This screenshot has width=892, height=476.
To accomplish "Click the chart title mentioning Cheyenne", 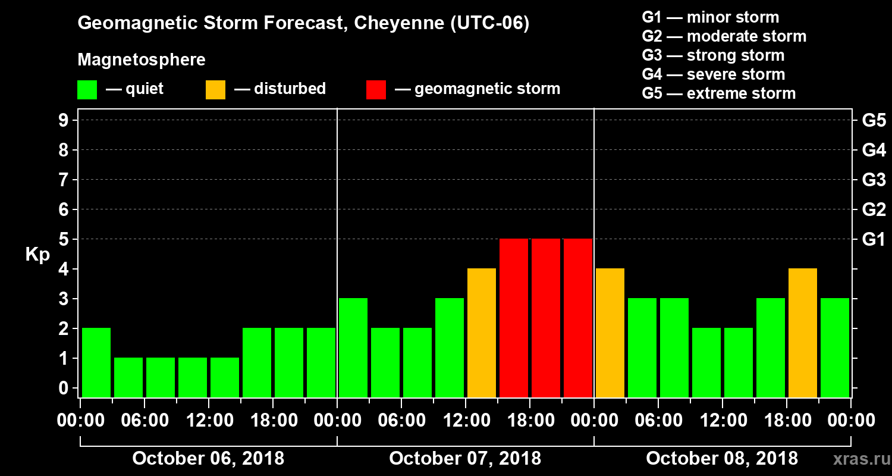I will [303, 23].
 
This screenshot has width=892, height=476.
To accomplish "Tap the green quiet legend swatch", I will [87, 89].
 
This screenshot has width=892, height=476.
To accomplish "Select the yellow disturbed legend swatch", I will [215, 89].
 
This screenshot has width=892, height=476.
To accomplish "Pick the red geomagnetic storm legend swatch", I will [376, 89].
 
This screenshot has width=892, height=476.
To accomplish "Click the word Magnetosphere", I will [142, 60].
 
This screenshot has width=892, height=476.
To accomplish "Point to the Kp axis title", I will [37, 255].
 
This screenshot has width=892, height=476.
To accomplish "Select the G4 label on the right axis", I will [874, 150].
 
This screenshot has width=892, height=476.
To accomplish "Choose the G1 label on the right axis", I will [874, 239].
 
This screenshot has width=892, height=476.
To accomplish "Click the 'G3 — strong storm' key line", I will [713, 55].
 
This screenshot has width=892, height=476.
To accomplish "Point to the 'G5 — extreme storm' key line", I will [718, 93].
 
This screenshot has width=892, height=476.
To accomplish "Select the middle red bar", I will [546, 318].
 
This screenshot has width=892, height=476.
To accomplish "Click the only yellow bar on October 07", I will [482, 333].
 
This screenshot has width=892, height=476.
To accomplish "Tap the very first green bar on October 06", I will [96, 362].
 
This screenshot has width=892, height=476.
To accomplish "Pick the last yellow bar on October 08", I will [803, 333].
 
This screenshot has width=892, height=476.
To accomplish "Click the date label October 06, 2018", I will [208, 459].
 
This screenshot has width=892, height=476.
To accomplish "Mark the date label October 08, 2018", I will [722, 459].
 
